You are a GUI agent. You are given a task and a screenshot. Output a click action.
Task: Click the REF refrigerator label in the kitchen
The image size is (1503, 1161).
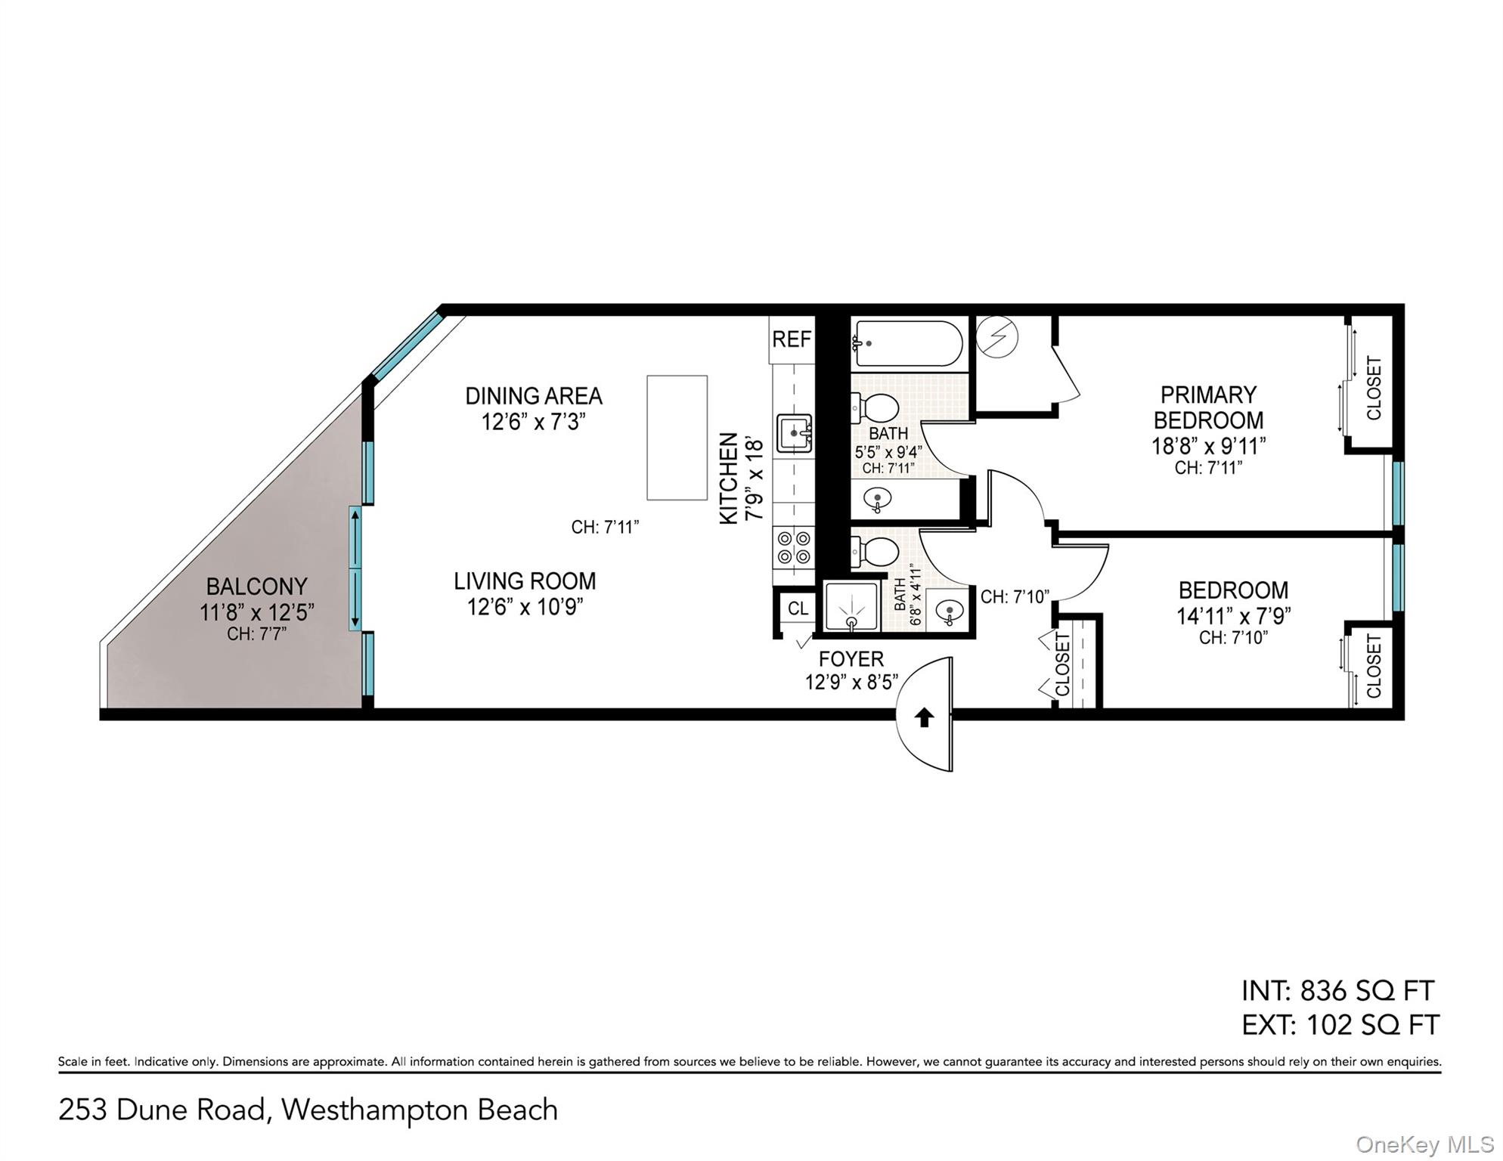click(x=792, y=339)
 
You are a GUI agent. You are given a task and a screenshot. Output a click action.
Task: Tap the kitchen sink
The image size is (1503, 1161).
click(x=795, y=433)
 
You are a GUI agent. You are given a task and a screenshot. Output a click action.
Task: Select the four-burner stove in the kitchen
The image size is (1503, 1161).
click(x=794, y=548)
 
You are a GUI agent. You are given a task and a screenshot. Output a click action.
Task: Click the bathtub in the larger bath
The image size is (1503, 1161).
click(x=907, y=343)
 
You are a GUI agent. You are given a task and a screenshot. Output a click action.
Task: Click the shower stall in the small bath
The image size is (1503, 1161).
click(x=852, y=606)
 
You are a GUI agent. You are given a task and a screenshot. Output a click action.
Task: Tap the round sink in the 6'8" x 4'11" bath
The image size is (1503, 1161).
click(x=950, y=609)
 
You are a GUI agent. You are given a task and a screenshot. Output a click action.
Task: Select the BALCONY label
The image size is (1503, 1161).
click(x=257, y=587)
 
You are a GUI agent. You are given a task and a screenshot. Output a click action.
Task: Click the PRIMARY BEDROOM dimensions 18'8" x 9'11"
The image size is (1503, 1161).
click(x=1208, y=446)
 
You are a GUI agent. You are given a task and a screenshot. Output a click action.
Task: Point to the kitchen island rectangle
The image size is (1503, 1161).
click(x=677, y=438)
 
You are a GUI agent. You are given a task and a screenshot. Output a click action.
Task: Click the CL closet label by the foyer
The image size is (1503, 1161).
click(x=798, y=608)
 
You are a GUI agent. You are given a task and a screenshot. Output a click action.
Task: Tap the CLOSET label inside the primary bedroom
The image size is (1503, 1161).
click(x=1374, y=388)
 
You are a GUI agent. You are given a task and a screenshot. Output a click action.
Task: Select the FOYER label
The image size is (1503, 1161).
click(x=851, y=659)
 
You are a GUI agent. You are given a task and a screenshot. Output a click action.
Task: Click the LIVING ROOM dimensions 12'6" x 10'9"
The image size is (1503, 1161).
click(x=525, y=606)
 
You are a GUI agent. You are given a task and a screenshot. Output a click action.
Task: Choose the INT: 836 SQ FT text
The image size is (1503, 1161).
click(x=1337, y=990)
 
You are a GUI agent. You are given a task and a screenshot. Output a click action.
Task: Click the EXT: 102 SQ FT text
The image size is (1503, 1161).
click(x=1340, y=1025)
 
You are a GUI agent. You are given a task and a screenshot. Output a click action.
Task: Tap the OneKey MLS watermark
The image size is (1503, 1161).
click(x=1425, y=1145)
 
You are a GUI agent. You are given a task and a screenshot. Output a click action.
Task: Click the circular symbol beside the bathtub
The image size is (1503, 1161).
click(x=996, y=336)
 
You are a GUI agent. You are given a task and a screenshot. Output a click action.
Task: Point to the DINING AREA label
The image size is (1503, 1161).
click(x=534, y=396)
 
